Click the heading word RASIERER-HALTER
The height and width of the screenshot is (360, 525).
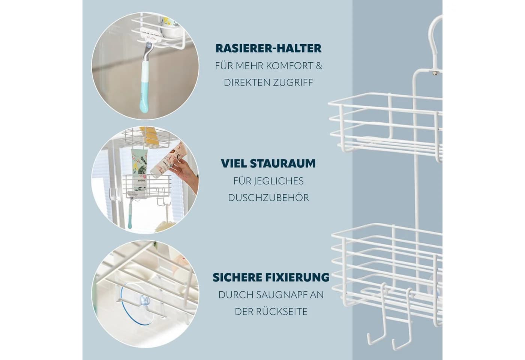(268, 48)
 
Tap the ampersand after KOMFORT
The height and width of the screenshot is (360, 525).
(319, 66)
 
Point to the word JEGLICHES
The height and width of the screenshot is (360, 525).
(279, 181)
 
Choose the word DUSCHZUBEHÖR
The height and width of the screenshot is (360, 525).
(268, 198)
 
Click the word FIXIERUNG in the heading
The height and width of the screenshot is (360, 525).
(297, 277)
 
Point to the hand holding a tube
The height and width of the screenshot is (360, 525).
(185, 173)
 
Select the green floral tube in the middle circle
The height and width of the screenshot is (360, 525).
(140, 164)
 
